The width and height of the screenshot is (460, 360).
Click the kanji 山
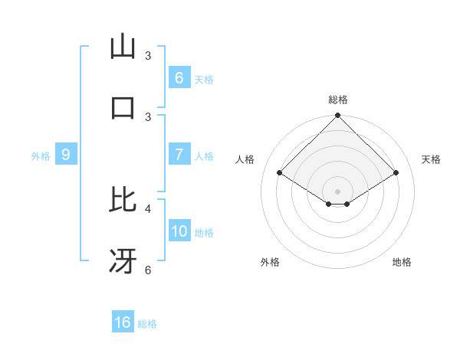(123, 47)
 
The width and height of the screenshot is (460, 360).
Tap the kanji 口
(123, 107)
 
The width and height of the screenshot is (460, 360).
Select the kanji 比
(123, 201)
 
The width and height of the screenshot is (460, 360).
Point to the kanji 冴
(123, 262)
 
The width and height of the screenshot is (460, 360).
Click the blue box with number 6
(179, 77)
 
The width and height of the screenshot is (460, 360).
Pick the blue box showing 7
(179, 155)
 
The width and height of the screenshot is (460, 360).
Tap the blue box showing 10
(179, 231)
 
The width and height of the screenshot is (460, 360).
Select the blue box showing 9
(66, 155)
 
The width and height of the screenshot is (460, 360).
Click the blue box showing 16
(123, 322)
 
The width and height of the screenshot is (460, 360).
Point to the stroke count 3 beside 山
(148, 56)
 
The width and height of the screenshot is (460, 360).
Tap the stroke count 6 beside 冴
(148, 270)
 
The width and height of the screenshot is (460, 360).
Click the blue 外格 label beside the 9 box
(41, 155)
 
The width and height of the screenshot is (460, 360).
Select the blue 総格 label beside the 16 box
(147, 323)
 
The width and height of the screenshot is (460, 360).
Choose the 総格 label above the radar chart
(337, 100)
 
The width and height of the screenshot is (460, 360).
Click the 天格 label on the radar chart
(431, 159)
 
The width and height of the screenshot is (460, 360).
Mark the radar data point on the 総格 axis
(337, 116)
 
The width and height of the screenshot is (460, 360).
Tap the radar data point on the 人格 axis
(279, 173)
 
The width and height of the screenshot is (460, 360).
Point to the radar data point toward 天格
(396, 173)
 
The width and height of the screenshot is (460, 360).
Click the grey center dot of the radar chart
(337, 191)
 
